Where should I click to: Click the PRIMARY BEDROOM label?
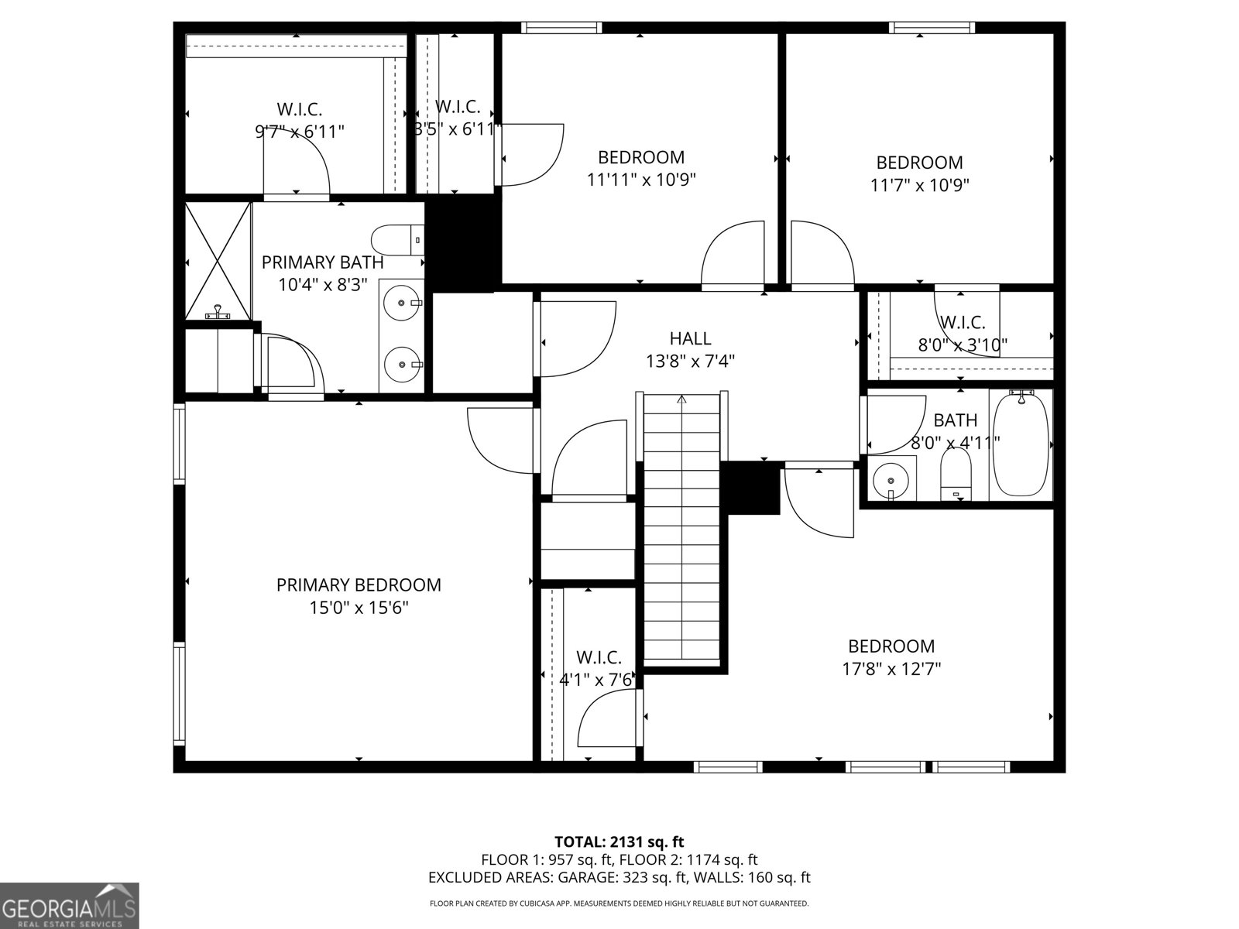point(359,585)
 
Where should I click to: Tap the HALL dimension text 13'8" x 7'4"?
point(690,361)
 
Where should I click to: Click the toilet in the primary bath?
point(396,239)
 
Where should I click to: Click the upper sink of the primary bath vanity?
point(401,302)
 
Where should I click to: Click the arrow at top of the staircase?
point(681,400)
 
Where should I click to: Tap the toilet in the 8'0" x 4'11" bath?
point(956,474)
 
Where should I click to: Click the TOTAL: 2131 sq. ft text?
point(619,842)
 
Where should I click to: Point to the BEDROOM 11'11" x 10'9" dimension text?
point(641,180)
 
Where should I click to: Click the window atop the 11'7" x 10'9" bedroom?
point(932,29)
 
